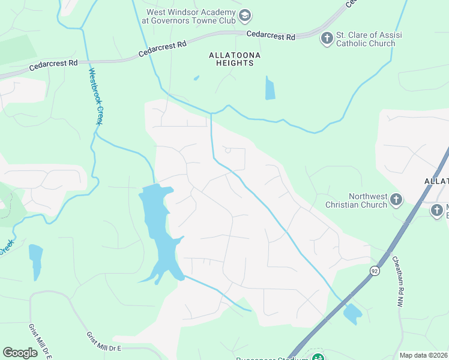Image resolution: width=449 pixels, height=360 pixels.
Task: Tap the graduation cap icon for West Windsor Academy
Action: [x=244, y=15]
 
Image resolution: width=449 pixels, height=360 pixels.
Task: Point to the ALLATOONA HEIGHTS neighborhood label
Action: [x=231, y=59]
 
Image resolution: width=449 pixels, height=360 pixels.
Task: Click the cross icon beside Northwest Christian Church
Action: [x=396, y=199]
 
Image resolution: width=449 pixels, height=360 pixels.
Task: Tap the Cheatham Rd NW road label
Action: [x=399, y=282]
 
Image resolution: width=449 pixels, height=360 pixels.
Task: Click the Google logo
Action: [x=20, y=353]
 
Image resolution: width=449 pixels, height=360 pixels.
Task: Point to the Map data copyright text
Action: [x=424, y=355]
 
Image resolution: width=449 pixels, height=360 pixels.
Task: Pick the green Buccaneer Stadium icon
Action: [x=318, y=358]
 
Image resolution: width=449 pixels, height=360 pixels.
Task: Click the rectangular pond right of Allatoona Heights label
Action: [x=270, y=88]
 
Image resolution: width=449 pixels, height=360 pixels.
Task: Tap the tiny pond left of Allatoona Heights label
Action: [x=196, y=77]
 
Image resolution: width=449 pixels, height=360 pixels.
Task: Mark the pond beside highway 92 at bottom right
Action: [x=352, y=313]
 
